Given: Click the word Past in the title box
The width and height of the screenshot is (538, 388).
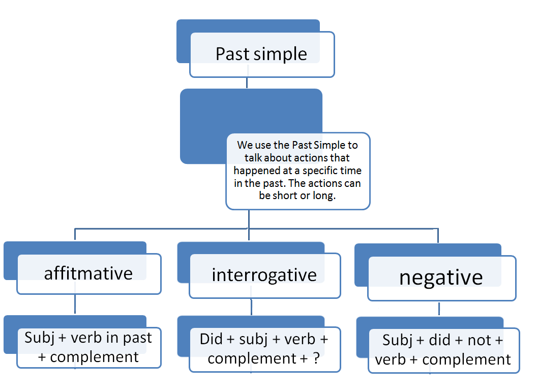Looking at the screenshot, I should (232, 54).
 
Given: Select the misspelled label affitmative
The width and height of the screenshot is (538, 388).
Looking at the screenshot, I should (88, 273).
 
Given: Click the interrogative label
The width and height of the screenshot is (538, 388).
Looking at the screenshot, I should (264, 275).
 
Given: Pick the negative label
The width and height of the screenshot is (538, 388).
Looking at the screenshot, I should (441, 278).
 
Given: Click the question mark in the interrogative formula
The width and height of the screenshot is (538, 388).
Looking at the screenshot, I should (316, 358).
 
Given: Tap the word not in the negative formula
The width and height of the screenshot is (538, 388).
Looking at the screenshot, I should (479, 340).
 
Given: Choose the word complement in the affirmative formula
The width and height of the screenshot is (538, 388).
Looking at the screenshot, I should (95, 357).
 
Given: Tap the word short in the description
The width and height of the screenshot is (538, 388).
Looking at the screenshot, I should (286, 196).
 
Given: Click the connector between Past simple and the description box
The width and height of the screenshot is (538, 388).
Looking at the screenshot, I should (247, 83).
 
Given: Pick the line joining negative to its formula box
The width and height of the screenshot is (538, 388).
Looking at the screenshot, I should (438, 309).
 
